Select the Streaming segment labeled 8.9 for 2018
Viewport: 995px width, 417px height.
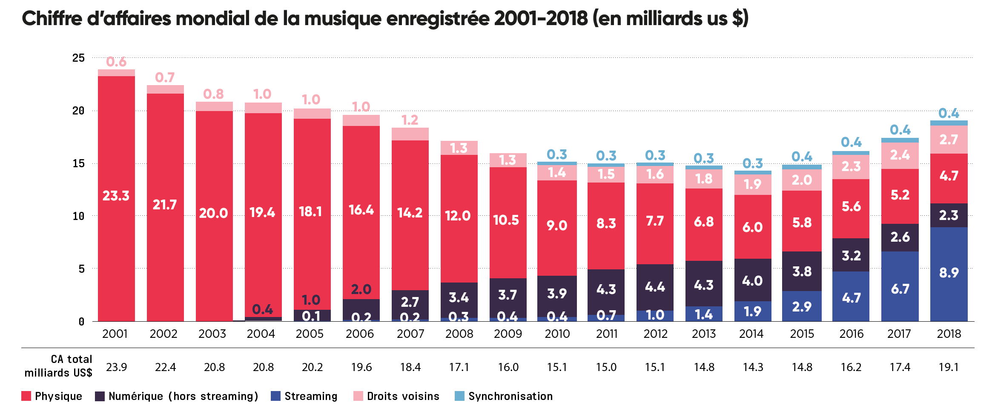(x=949, y=273)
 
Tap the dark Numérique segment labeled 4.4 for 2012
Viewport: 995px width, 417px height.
(x=655, y=287)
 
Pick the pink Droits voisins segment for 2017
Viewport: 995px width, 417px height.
(x=900, y=155)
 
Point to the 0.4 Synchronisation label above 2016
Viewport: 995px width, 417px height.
(x=851, y=143)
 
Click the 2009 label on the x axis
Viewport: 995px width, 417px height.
(x=508, y=334)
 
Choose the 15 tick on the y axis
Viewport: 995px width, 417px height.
(x=79, y=164)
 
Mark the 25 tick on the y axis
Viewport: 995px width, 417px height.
(x=79, y=58)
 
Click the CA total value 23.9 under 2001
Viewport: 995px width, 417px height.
(x=116, y=367)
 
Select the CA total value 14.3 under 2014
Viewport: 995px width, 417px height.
(x=753, y=367)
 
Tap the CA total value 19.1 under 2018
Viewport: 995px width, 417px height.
(x=949, y=367)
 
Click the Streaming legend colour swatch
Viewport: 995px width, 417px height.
(x=276, y=396)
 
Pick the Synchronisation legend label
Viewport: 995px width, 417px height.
(x=510, y=396)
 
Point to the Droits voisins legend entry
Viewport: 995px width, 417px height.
(x=403, y=396)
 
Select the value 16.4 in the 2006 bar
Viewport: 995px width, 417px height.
(x=361, y=210)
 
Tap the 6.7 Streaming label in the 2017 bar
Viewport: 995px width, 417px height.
(x=900, y=289)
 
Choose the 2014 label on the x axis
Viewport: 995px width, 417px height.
(x=751, y=334)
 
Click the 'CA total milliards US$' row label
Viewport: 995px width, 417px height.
(x=59, y=366)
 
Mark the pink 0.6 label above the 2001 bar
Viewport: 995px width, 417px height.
(x=116, y=62)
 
